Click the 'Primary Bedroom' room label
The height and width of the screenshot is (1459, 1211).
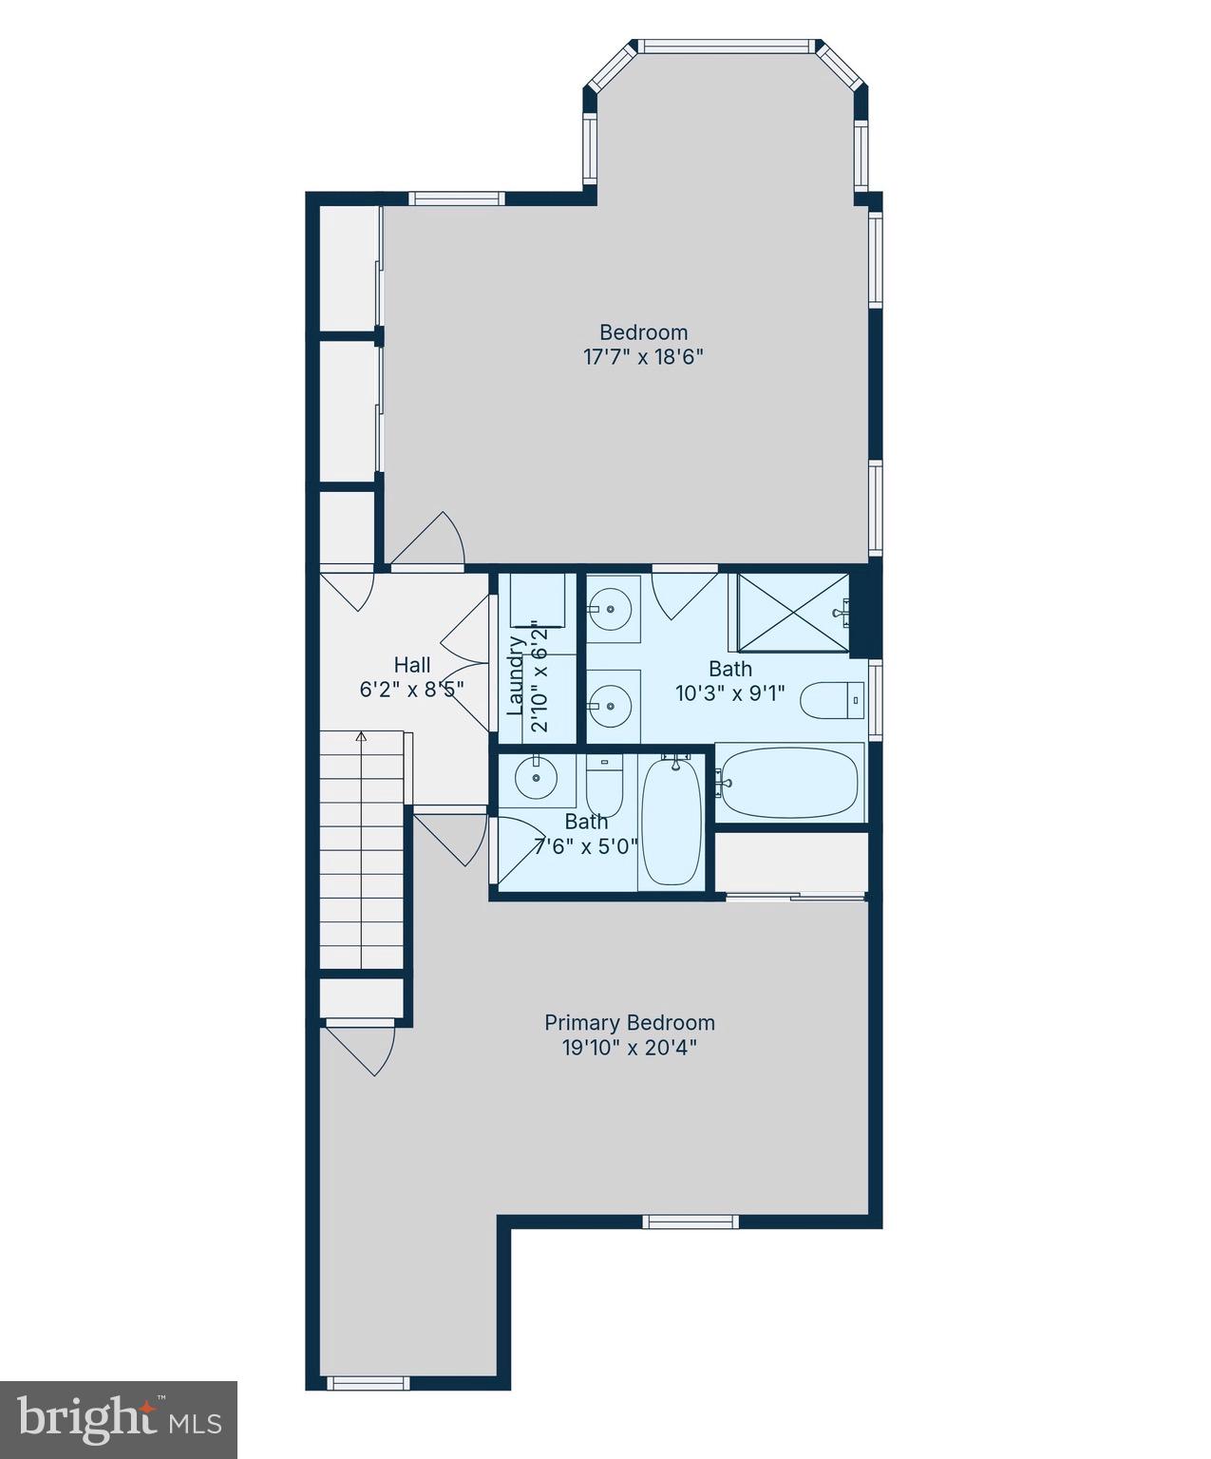point(629,1023)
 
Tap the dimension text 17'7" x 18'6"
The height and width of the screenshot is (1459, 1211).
point(643,357)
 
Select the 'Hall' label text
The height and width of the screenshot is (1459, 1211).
point(412,665)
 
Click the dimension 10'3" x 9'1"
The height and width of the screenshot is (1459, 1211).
point(729,693)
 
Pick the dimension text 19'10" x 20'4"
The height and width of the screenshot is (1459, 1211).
point(629,1048)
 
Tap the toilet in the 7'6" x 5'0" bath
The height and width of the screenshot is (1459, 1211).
point(603,783)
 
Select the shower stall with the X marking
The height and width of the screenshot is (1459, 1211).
point(793,613)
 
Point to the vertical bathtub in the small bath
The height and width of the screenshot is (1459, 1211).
point(672,821)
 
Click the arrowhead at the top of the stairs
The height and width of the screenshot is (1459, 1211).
point(361,736)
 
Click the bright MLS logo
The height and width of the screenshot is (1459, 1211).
point(119,1420)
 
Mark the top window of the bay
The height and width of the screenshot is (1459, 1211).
point(727,46)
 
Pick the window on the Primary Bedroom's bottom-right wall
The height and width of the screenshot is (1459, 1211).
point(690,1222)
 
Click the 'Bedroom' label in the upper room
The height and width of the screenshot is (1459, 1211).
point(643,332)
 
